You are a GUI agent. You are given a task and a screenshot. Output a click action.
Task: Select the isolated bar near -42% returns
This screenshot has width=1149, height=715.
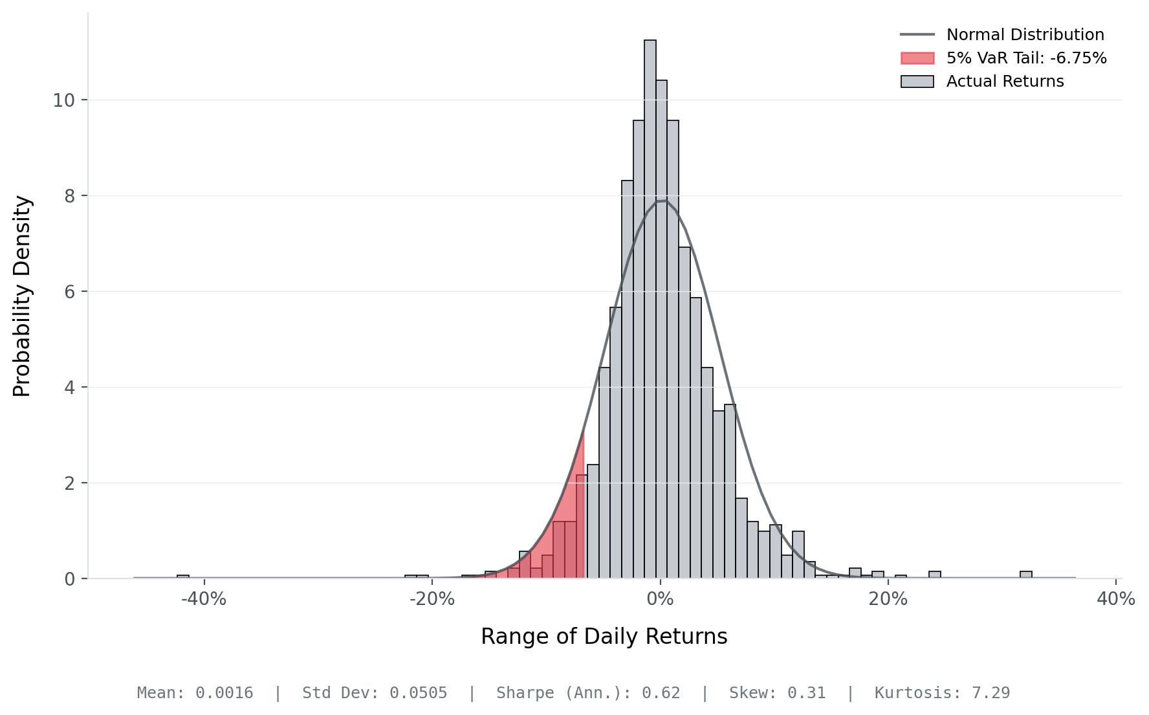click(x=183, y=576)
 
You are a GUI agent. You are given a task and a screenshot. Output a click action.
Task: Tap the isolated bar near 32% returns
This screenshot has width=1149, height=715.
click(x=1025, y=575)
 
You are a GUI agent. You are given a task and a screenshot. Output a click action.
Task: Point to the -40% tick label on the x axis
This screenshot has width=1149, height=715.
click(x=204, y=599)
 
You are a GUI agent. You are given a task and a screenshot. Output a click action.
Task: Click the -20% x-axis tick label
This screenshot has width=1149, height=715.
click(x=432, y=599)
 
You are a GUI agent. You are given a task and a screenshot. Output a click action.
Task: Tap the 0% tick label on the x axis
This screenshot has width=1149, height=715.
click(x=660, y=599)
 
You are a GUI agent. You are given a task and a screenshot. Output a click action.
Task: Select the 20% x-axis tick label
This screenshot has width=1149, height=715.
click(x=888, y=599)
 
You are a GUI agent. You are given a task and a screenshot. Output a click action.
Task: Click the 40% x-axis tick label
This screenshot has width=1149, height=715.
click(x=1116, y=599)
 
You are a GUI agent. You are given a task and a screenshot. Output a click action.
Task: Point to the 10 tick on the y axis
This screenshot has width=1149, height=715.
click(x=64, y=100)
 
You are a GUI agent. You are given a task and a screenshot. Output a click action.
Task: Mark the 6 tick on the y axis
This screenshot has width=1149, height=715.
click(x=70, y=292)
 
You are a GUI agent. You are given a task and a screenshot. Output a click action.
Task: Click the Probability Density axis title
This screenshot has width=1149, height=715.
click(x=22, y=296)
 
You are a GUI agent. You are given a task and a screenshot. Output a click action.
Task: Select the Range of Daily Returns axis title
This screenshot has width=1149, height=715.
click(x=604, y=637)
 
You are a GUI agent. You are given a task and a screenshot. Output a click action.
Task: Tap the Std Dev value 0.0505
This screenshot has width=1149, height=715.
click(x=418, y=693)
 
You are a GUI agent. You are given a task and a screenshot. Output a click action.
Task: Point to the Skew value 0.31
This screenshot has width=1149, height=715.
click(x=806, y=693)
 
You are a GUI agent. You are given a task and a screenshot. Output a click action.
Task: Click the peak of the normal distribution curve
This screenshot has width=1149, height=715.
click(x=661, y=201)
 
